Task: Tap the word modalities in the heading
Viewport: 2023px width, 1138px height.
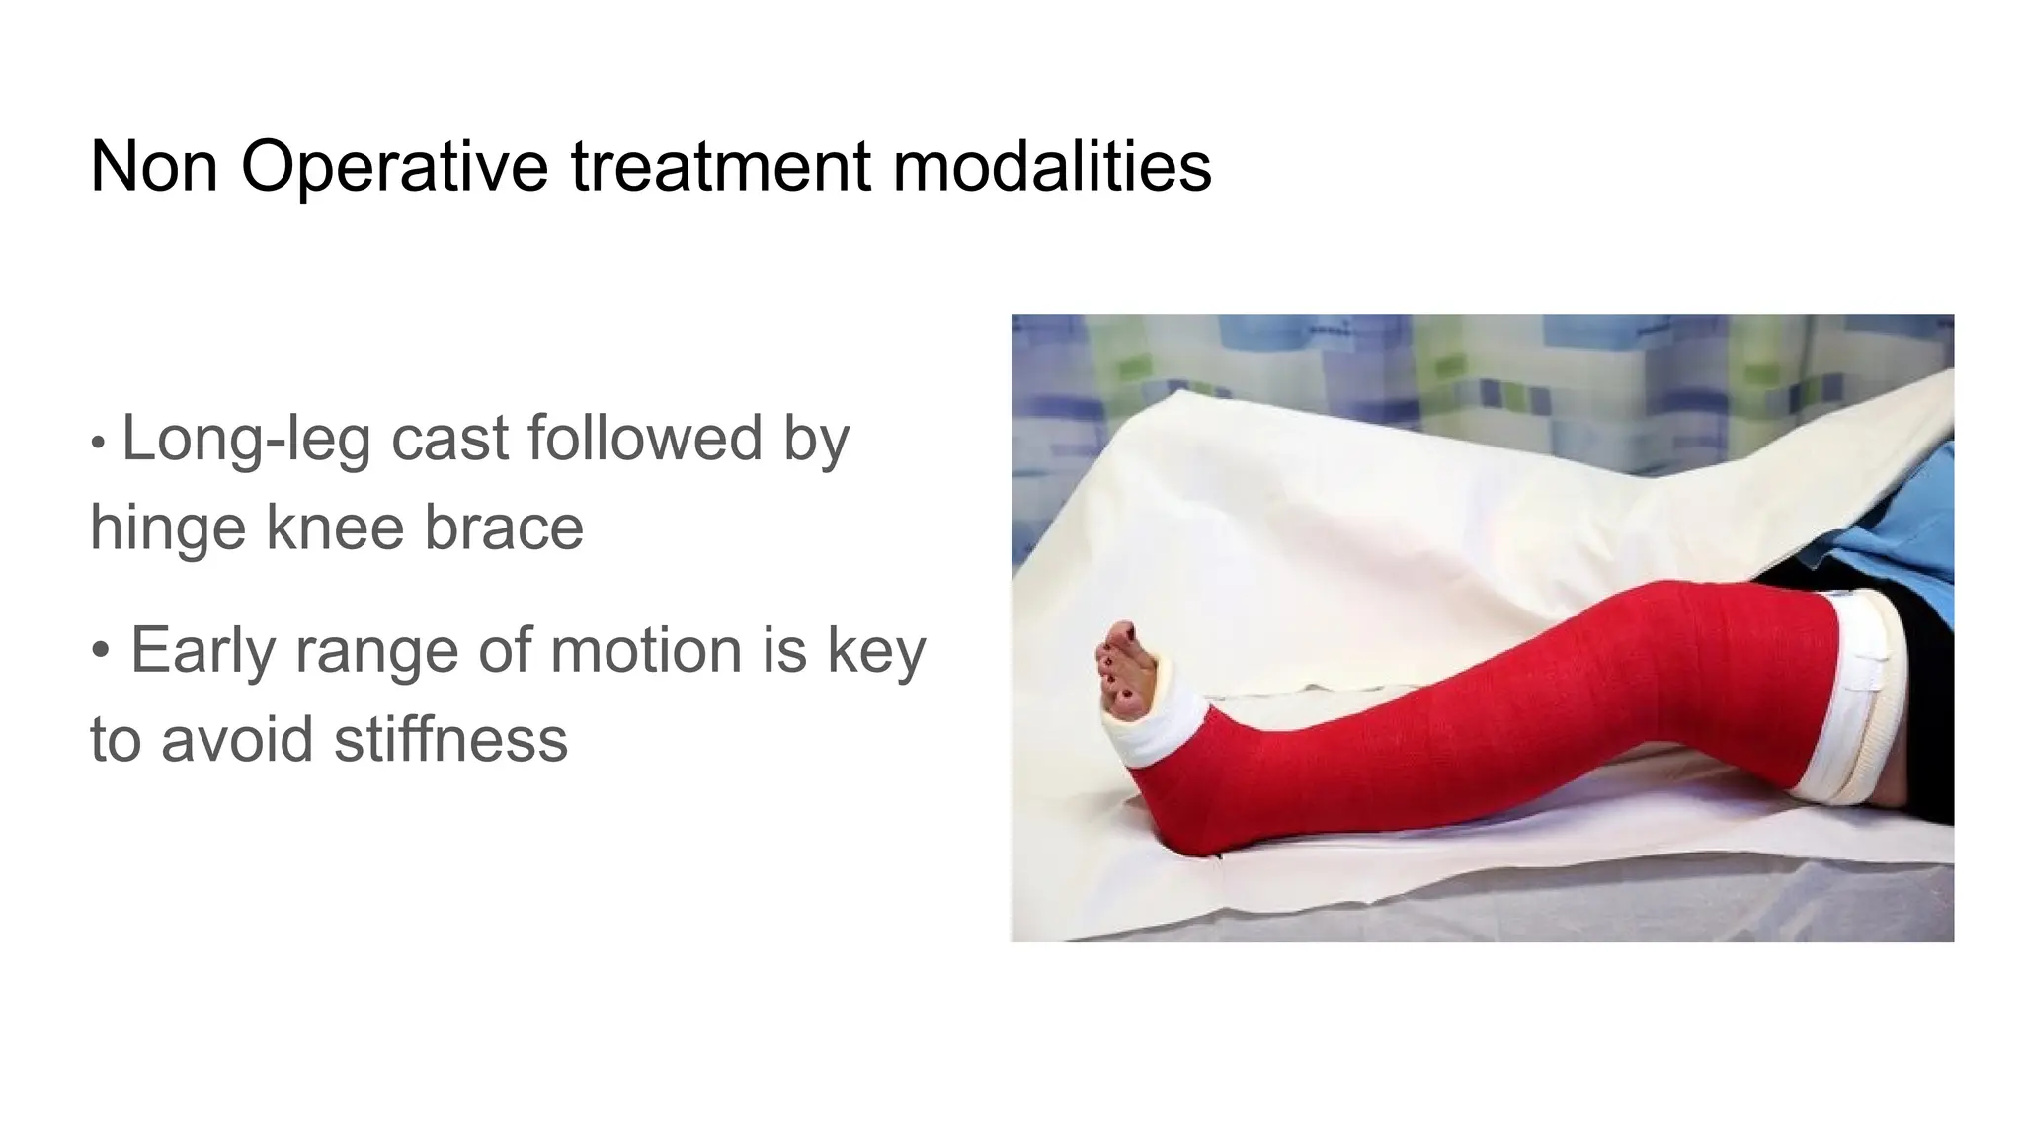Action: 1052,166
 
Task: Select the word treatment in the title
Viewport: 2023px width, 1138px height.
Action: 720,166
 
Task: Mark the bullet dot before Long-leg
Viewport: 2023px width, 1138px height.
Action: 97,443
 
